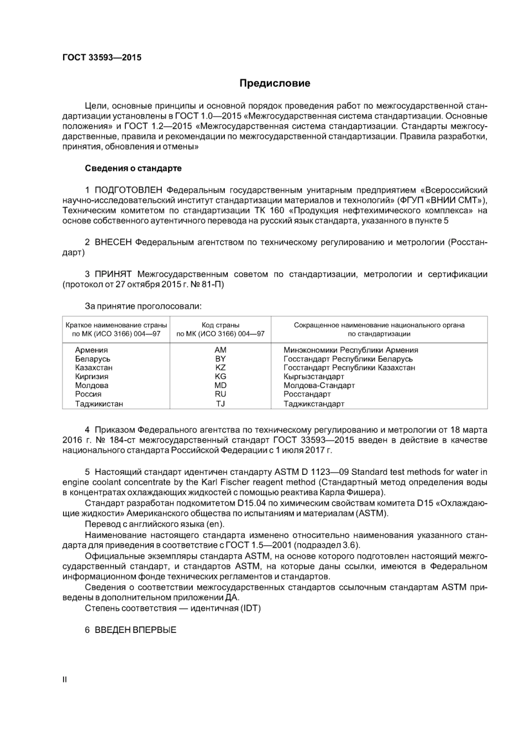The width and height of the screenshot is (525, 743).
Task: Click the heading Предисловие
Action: click(x=275, y=83)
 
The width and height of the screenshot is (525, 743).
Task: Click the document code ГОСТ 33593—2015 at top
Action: click(x=102, y=57)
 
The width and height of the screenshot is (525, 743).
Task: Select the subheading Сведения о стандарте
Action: click(x=133, y=168)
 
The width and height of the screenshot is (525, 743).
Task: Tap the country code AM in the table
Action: click(x=220, y=350)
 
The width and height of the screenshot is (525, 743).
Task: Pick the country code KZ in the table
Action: click(x=220, y=368)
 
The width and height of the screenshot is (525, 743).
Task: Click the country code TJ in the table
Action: click(x=220, y=404)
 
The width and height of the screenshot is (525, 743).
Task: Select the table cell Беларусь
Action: click(x=92, y=359)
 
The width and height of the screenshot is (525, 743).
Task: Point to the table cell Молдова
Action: click(x=92, y=385)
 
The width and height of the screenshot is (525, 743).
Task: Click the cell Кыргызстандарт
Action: click(x=313, y=376)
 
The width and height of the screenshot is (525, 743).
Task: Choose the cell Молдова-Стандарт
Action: click(x=319, y=385)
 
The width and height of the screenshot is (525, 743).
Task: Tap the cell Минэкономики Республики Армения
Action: click(x=350, y=350)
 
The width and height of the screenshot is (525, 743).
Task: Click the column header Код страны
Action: click(x=220, y=325)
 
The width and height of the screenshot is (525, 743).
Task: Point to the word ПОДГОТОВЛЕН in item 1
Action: click(x=129, y=190)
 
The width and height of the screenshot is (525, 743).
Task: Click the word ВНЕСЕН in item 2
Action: click(x=113, y=242)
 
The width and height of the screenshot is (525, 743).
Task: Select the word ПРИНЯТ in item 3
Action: click(x=113, y=274)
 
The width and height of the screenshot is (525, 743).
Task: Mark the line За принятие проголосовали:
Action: click(x=143, y=306)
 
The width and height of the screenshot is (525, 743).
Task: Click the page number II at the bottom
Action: click(x=65, y=679)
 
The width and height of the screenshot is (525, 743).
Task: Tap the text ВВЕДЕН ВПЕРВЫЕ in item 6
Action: click(x=135, y=630)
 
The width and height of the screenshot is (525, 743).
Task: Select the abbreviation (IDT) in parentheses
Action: click(x=248, y=608)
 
